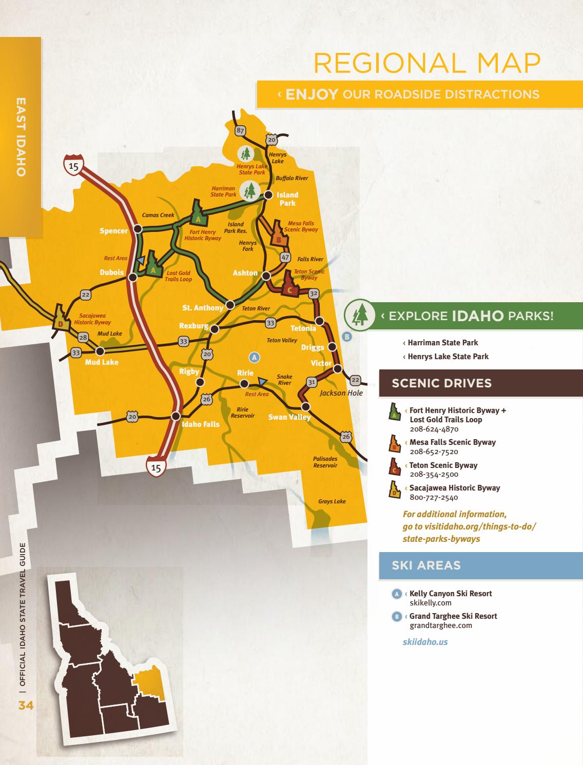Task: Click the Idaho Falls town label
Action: point(200,424)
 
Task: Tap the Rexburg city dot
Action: point(215,329)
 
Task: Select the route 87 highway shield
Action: point(240,130)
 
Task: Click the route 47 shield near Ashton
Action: point(286,257)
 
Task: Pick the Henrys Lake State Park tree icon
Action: point(246,153)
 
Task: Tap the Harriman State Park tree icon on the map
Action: point(250,191)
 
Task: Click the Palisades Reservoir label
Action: point(325,462)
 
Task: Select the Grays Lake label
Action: point(332,501)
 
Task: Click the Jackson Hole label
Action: point(341,393)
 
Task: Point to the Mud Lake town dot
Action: point(100,351)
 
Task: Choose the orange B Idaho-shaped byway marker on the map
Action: point(278,233)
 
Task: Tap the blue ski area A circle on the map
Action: point(254,357)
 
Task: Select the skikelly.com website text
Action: point(430,603)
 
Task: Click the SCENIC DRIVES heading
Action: point(441,383)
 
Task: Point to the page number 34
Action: point(26,706)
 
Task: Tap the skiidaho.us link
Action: point(425,642)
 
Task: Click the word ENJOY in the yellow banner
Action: point(312,94)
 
